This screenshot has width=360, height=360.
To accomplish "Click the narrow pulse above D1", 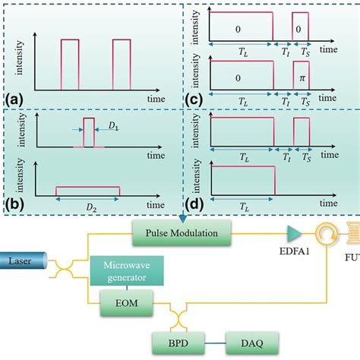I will click(x=89, y=131).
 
